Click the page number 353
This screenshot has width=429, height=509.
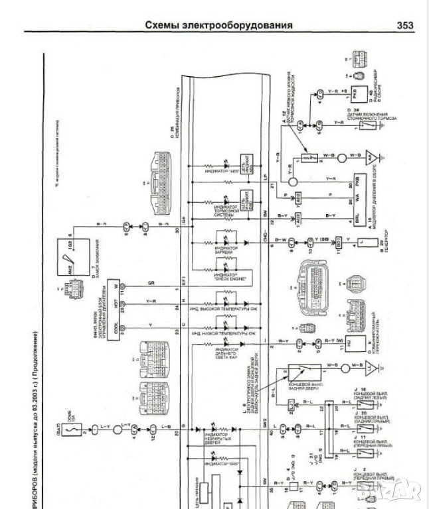[404, 25]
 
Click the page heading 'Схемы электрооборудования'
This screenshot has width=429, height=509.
[218, 25]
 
